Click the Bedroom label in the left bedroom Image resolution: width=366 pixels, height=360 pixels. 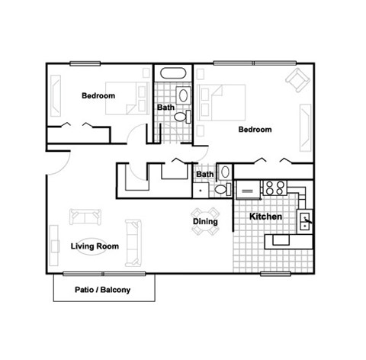tap(98, 95)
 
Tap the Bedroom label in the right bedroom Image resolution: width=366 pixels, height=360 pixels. tap(255, 129)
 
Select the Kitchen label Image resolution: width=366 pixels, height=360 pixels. tap(267, 217)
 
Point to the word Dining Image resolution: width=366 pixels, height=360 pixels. tap(205, 222)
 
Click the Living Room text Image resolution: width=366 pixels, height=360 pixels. tap(95, 246)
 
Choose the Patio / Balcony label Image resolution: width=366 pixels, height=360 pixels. tap(103, 290)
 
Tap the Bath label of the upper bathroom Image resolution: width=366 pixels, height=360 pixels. tap(166, 108)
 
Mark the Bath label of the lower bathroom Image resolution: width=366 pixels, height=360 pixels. tap(205, 174)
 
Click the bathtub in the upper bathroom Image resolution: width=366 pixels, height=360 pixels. tap(173, 75)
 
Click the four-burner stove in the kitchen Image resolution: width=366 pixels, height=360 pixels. tap(273, 187)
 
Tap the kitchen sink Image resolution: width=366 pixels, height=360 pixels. tap(304, 221)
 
